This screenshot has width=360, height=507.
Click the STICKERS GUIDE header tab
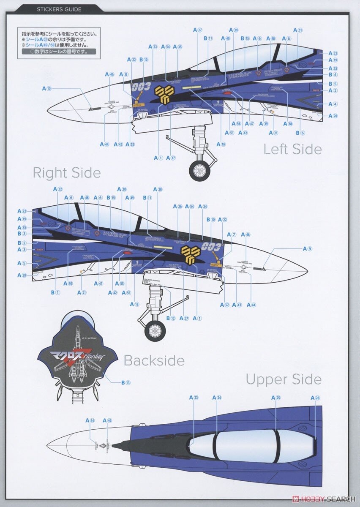click(x=59, y=9)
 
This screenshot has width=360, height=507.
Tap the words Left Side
click(x=292, y=149)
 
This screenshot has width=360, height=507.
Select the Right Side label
click(x=67, y=173)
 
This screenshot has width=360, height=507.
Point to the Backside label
click(x=154, y=360)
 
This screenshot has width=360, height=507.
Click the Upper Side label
click(x=284, y=379)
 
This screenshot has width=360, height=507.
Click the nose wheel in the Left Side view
click(x=199, y=170)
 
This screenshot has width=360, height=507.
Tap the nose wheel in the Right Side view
click(x=155, y=330)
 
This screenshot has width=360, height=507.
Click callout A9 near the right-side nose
click(x=307, y=248)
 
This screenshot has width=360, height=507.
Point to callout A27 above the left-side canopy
click(x=198, y=30)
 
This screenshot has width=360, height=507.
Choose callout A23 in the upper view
click(x=194, y=398)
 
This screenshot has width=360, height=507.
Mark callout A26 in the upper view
click(x=315, y=398)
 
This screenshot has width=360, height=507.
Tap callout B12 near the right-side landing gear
click(x=170, y=318)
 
